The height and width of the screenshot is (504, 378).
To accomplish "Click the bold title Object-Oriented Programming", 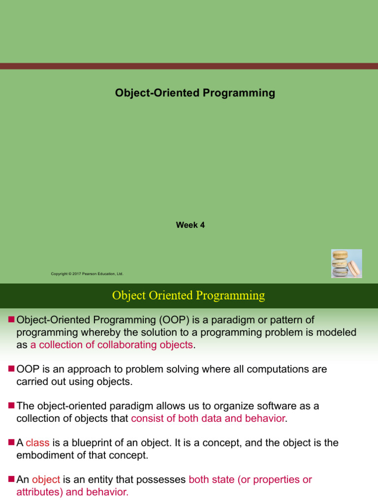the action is [195, 93].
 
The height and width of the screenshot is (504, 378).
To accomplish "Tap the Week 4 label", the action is [190, 225].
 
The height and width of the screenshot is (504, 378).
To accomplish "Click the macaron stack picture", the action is [346, 263].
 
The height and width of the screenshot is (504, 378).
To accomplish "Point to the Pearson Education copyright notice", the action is [87, 274].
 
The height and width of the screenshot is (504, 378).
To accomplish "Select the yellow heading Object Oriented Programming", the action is [189, 295].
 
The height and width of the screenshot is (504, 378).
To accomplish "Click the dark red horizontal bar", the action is [189, 66].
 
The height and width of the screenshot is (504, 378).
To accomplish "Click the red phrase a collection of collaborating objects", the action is [112, 345].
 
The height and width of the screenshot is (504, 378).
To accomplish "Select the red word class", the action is [37, 442].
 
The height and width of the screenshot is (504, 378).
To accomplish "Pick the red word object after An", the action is [46, 479].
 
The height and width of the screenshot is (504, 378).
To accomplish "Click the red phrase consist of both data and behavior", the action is [208, 418].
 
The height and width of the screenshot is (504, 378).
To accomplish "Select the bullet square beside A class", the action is [12, 441].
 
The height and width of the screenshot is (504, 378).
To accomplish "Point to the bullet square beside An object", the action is [12, 478].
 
